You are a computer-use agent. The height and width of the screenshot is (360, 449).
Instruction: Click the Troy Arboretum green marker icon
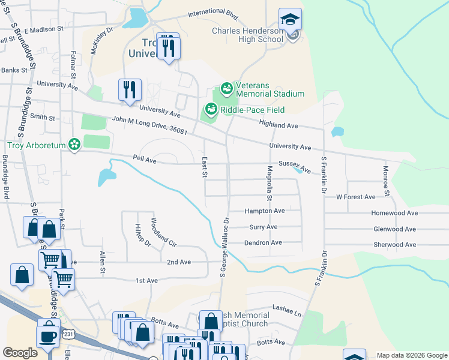point(74,145)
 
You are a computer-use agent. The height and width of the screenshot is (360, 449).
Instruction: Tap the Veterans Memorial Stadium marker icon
point(226,89)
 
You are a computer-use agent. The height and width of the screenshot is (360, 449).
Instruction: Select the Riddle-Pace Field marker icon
point(211,109)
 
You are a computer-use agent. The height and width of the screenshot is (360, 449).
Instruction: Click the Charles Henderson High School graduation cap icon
point(290,20)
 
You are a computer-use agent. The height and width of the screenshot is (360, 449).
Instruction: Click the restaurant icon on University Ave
point(130,90)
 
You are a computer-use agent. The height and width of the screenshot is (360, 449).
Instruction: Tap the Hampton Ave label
point(264,211)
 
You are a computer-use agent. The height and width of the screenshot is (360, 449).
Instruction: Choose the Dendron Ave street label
point(263,242)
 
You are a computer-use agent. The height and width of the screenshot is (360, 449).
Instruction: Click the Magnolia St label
point(270,184)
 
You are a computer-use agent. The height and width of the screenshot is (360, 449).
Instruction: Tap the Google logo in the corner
point(20,353)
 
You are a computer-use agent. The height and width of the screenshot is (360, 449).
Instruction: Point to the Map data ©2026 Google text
point(411,355)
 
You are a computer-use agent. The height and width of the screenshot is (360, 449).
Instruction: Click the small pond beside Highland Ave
point(337,131)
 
